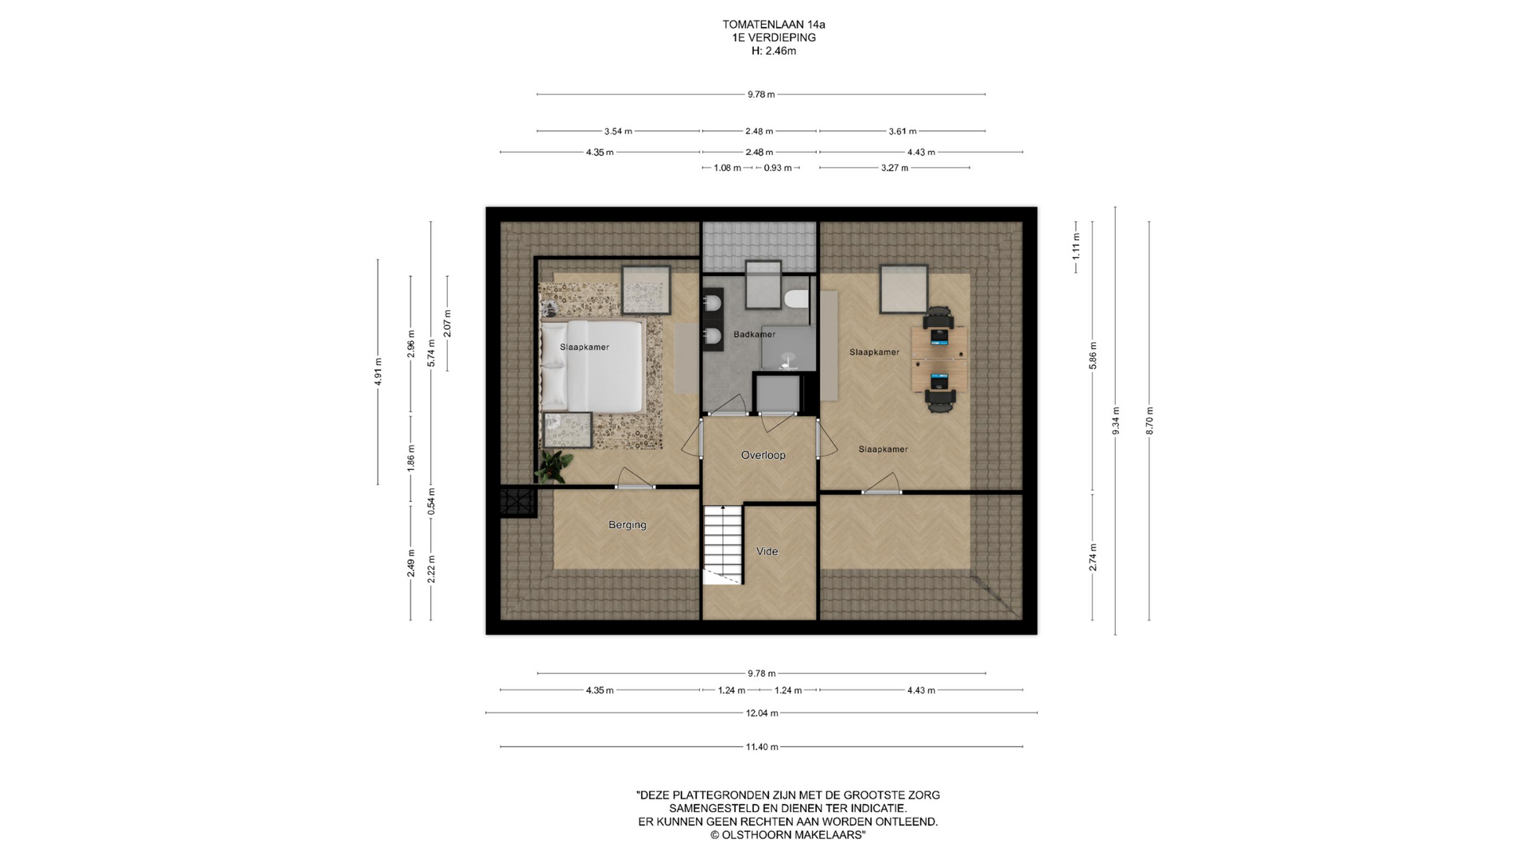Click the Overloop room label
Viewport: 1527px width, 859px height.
(x=763, y=455)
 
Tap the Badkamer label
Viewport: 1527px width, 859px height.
(x=754, y=334)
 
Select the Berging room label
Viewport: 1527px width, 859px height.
(x=627, y=525)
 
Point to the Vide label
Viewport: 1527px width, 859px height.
(x=767, y=551)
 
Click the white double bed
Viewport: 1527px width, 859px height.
(x=592, y=366)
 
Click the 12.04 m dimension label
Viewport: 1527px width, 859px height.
(x=762, y=713)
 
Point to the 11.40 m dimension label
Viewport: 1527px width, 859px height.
(x=762, y=747)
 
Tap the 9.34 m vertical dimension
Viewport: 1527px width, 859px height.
(x=1116, y=421)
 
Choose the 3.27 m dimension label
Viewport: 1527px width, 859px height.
(x=895, y=168)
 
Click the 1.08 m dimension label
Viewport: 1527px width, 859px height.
(x=728, y=168)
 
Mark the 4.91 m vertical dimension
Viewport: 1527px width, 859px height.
(x=379, y=372)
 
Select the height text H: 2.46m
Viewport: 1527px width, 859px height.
(x=774, y=51)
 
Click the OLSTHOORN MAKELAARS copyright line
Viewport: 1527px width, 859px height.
(x=787, y=835)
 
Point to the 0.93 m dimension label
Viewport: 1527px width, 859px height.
(x=778, y=168)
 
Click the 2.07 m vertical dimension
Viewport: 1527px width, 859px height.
(x=447, y=323)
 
